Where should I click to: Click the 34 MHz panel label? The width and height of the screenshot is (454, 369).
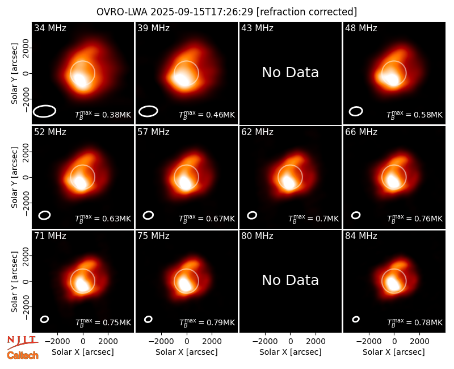pos(50,28)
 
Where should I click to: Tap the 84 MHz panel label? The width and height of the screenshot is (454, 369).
pos(361,236)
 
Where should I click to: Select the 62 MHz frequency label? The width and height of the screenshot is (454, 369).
pos(258,132)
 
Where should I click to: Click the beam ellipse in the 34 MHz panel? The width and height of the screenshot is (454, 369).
pos(44,111)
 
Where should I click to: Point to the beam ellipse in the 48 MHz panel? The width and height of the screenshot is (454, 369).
pos(356,111)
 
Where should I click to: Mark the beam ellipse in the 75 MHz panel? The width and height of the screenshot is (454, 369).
pos(148,319)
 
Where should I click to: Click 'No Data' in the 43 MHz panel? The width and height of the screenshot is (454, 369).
pos(291,73)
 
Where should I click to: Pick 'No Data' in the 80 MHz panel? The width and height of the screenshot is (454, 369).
pos(291,280)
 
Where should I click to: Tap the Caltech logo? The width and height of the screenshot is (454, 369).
pos(23,355)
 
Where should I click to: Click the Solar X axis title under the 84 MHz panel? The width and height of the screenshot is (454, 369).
pos(394,352)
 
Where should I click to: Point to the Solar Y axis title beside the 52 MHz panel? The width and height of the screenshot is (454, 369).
pos(15,177)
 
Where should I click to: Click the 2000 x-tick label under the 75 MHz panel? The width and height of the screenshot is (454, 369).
pos(212,342)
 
